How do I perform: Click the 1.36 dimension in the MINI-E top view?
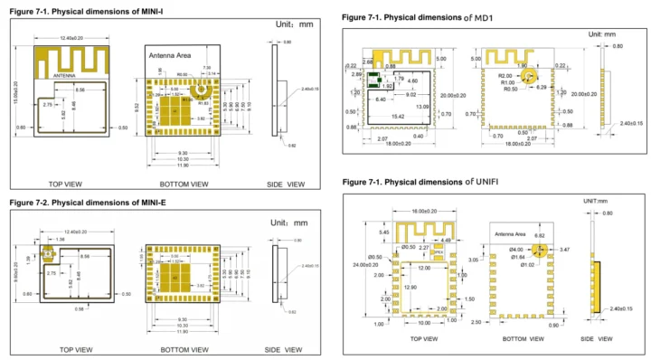tap(59, 241)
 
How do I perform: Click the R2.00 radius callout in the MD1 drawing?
tap(504, 76)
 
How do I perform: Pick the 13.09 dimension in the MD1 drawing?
tap(423, 107)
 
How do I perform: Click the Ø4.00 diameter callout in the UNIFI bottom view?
tap(517, 249)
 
